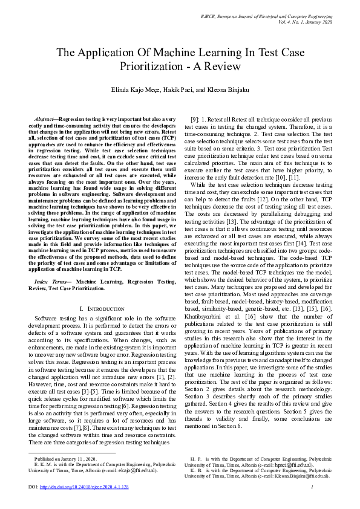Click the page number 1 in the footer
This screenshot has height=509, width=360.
(x=328, y=487)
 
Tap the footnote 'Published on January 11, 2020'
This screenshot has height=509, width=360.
(x=65, y=459)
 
